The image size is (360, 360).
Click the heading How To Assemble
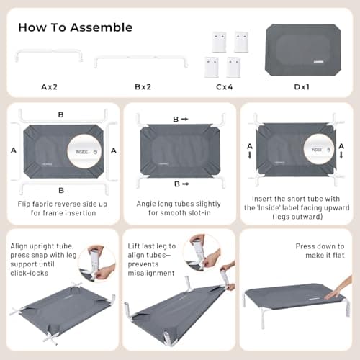(x=75, y=27)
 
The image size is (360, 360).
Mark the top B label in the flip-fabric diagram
(x=60, y=114)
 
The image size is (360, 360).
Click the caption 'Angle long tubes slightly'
(x=179, y=204)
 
